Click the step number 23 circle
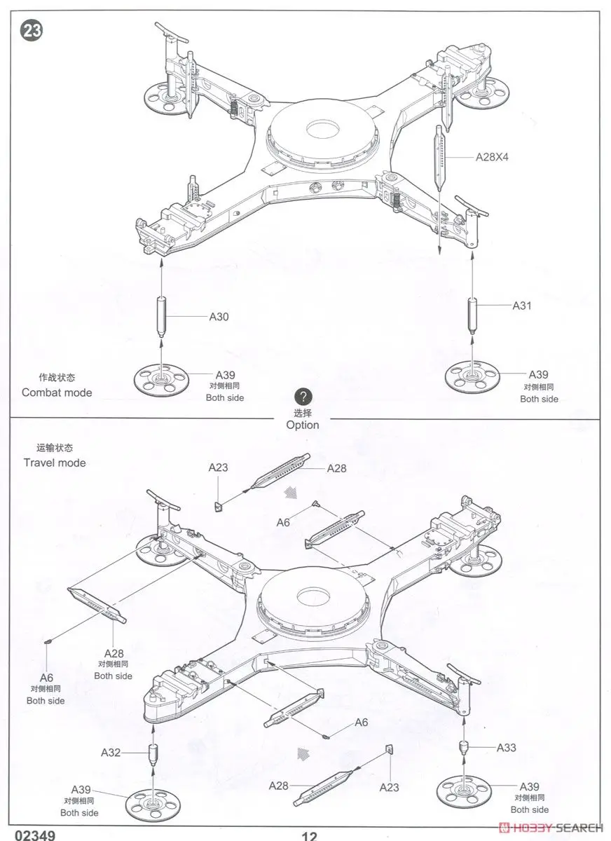[32, 31]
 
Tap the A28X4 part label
[492, 157]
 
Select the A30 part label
[219, 317]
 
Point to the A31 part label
[522, 306]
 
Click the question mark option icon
[302, 396]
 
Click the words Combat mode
[57, 392]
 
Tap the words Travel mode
[55, 463]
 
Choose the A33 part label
[506, 748]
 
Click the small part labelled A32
[153, 755]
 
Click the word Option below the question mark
[303, 425]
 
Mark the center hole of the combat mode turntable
[322, 129]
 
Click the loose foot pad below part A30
[163, 379]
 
